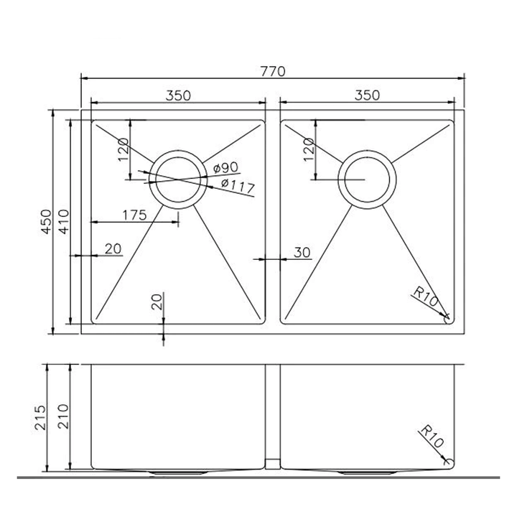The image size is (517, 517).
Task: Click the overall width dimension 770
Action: coord(274,71)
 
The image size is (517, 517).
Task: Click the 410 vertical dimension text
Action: coord(63,223)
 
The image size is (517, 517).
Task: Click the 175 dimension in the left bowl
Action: coord(134,214)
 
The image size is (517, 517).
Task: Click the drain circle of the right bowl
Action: coord(366,179)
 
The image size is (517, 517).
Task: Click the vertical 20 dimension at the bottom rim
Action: coord(158,302)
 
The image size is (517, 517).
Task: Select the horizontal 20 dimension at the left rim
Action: coord(113,249)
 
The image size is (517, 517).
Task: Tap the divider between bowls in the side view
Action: coord(273,416)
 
